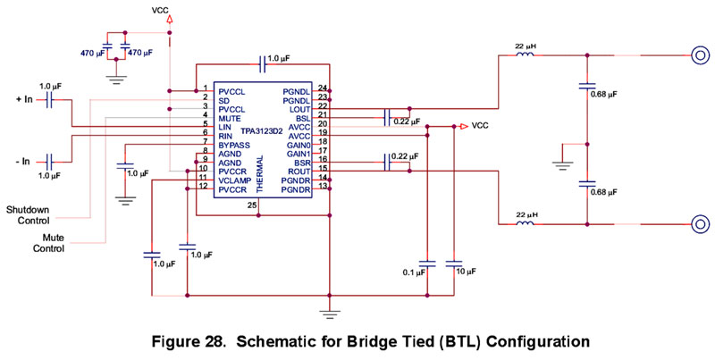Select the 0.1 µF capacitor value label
point(414,272)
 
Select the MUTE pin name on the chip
point(230,117)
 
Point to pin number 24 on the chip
point(322,88)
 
